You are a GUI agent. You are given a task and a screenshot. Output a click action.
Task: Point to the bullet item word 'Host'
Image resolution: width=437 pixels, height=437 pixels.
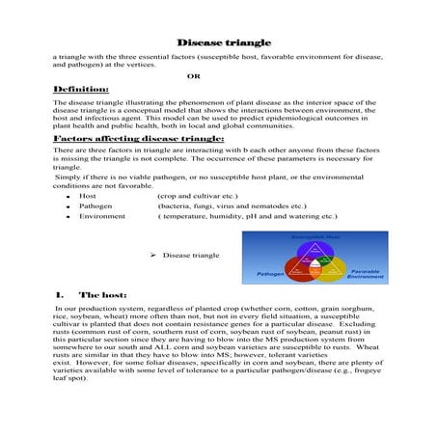pos(87,195)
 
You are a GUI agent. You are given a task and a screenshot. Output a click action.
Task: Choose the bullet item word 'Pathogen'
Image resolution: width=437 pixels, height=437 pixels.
pos(95,205)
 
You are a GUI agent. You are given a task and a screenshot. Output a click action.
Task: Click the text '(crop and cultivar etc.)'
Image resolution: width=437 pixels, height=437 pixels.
pos(197,195)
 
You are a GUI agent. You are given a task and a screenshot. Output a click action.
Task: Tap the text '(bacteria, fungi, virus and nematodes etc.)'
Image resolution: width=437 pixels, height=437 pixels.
pos(231,205)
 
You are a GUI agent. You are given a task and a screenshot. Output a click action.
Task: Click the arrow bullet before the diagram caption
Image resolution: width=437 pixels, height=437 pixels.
pos(155,256)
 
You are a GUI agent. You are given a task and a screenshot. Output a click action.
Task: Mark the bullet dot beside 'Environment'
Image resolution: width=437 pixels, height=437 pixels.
pos(60,217)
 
